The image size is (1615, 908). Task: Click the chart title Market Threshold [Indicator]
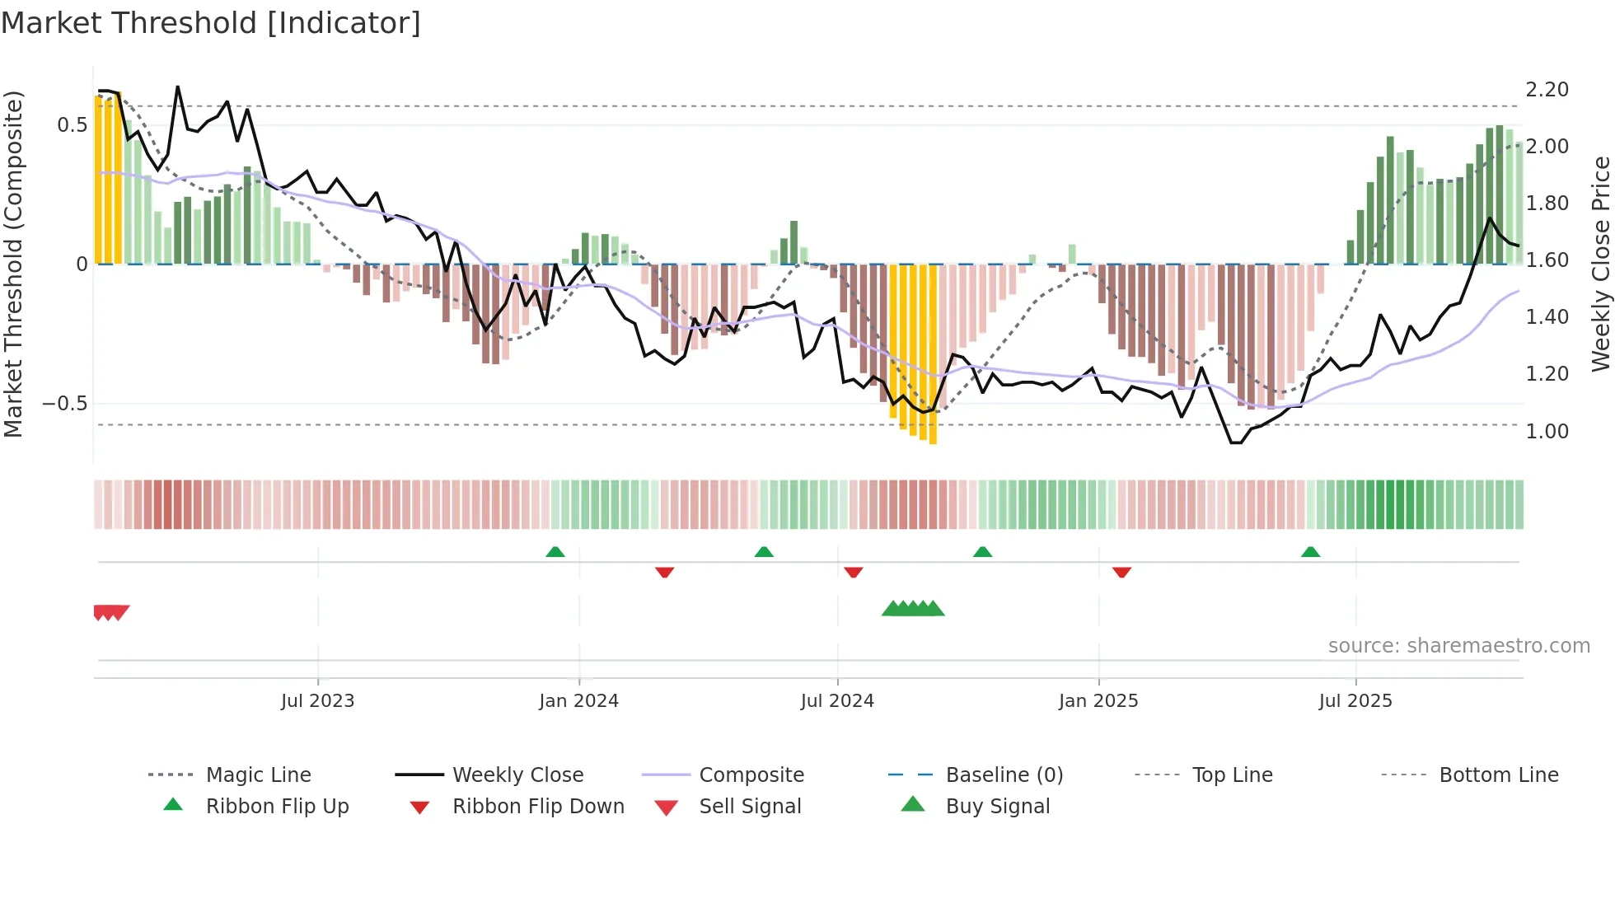(211, 23)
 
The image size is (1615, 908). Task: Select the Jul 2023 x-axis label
(317, 701)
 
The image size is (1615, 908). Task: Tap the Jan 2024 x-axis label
(578, 701)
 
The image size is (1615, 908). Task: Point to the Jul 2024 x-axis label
(837, 701)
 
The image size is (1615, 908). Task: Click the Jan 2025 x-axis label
(1098, 701)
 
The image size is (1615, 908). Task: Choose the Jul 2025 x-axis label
(1355, 701)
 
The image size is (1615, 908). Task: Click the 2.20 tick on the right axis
(1547, 90)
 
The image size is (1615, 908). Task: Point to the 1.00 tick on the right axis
(1547, 432)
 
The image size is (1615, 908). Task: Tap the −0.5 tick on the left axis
(64, 404)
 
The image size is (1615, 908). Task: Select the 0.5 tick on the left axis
(72, 125)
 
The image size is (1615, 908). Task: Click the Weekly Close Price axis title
(1600, 264)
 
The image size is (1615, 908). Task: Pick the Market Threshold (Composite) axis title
(13, 264)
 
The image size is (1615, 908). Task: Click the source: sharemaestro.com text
(1458, 646)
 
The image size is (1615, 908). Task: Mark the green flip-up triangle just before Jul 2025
(1310, 552)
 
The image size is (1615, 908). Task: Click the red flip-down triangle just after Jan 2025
(1121, 572)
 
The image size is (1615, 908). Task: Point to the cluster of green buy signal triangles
(913, 609)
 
